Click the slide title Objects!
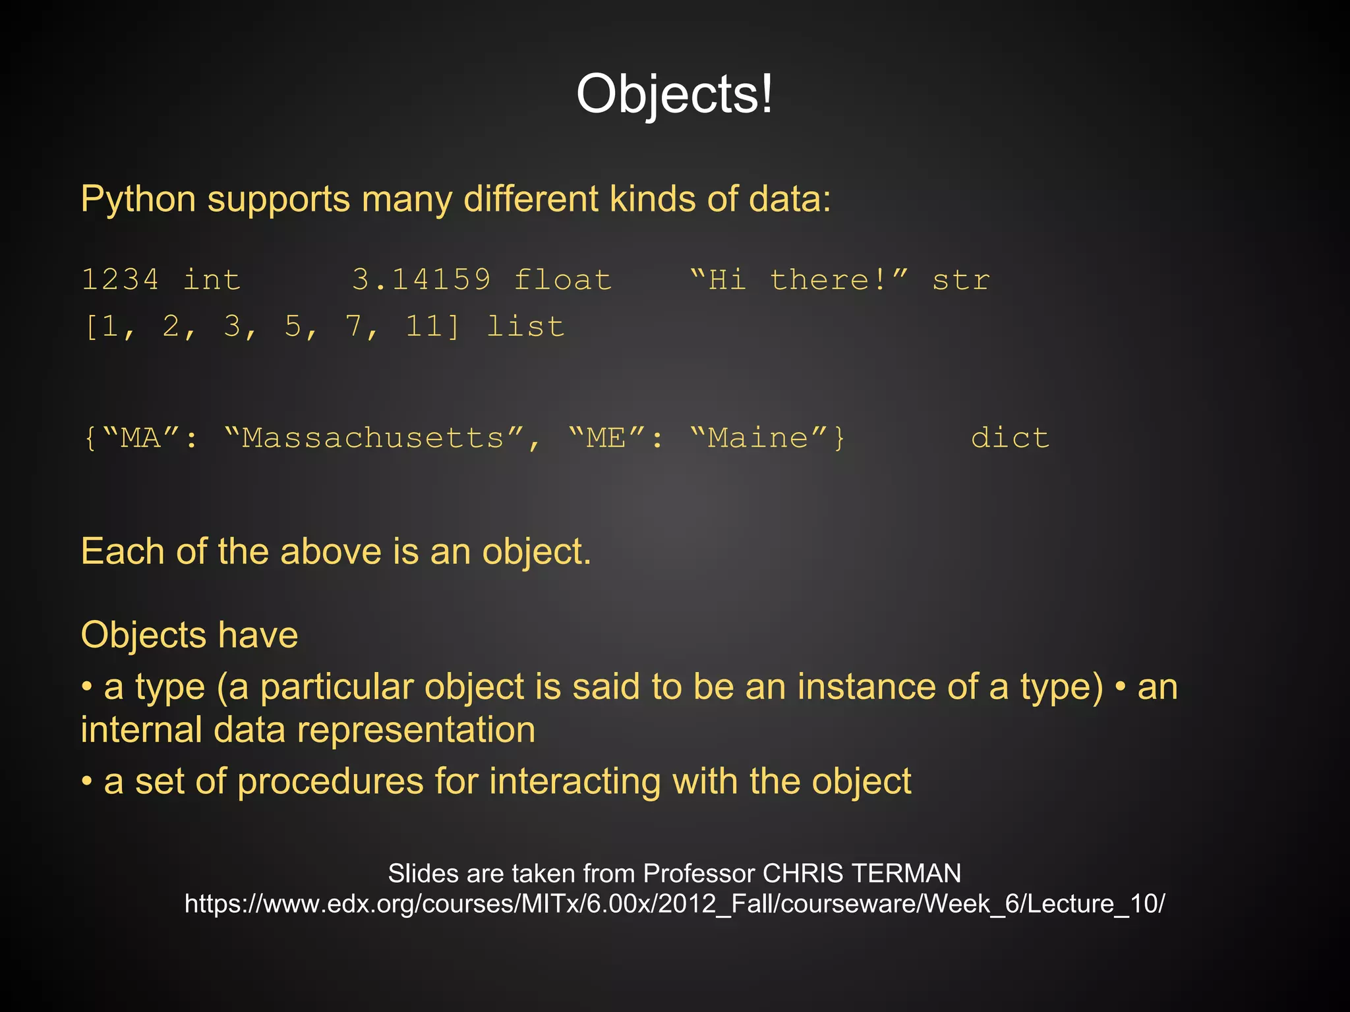pyautogui.click(x=674, y=94)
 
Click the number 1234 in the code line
pyautogui.click(x=120, y=280)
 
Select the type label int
pyautogui.click(x=212, y=280)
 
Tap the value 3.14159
pyautogui.click(x=421, y=280)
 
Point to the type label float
pyautogui.click(x=562, y=280)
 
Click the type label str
pyautogui.click(x=960, y=280)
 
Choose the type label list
pyautogui.click(x=525, y=327)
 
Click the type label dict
pyautogui.click(x=1009, y=438)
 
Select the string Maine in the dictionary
pyautogui.click(x=758, y=438)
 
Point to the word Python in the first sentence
pyautogui.click(x=138, y=199)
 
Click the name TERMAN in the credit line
pyautogui.click(x=906, y=874)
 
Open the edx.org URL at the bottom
pyautogui.click(x=674, y=904)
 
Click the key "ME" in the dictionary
pyautogui.click(x=607, y=438)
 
